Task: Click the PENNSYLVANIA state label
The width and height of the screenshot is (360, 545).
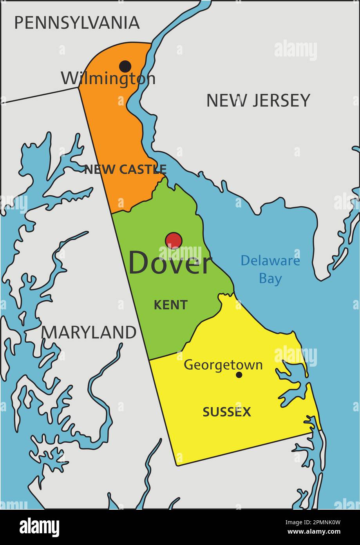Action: pyautogui.click(x=77, y=23)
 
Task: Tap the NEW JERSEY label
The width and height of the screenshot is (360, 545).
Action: pyautogui.click(x=258, y=100)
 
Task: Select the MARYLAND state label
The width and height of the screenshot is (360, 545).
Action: pyautogui.click(x=89, y=332)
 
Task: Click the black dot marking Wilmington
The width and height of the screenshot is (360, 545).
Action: pyautogui.click(x=125, y=66)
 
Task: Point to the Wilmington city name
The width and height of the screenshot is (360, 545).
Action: pyautogui.click(x=108, y=78)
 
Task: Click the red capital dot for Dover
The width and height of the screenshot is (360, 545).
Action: pyautogui.click(x=174, y=240)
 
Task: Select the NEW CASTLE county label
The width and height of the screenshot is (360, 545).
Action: pyautogui.click(x=125, y=169)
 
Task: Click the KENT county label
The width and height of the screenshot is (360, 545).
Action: pyautogui.click(x=170, y=305)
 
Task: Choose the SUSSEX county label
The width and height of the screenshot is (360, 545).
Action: pyautogui.click(x=227, y=412)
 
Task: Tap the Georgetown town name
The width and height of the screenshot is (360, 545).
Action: pyautogui.click(x=223, y=365)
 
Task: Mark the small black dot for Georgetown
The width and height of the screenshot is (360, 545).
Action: pyautogui.click(x=239, y=375)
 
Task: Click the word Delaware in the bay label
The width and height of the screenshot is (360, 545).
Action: pyautogui.click(x=270, y=261)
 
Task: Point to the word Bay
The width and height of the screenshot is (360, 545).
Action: pyautogui.click(x=270, y=279)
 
